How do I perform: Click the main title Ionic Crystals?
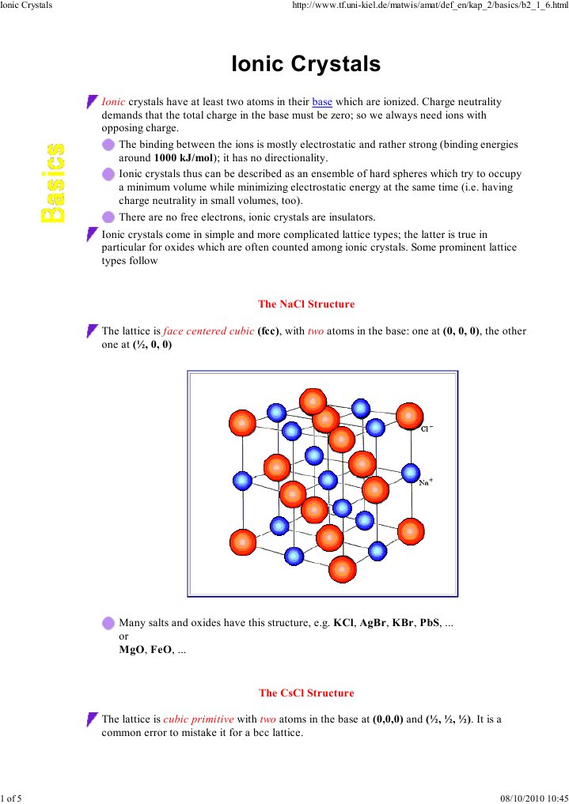point(305,64)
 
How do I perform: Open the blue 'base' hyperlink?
point(322,102)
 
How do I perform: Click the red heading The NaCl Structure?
point(306,304)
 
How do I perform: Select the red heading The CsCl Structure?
point(306,693)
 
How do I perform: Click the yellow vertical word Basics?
point(54,183)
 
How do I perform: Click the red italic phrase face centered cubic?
point(208,331)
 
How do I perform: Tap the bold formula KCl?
point(343,623)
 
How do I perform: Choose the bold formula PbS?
point(429,623)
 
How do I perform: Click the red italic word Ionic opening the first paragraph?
point(114,102)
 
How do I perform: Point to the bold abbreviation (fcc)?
point(269,331)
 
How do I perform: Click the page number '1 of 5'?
point(12,798)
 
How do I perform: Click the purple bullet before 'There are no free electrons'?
point(108,217)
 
